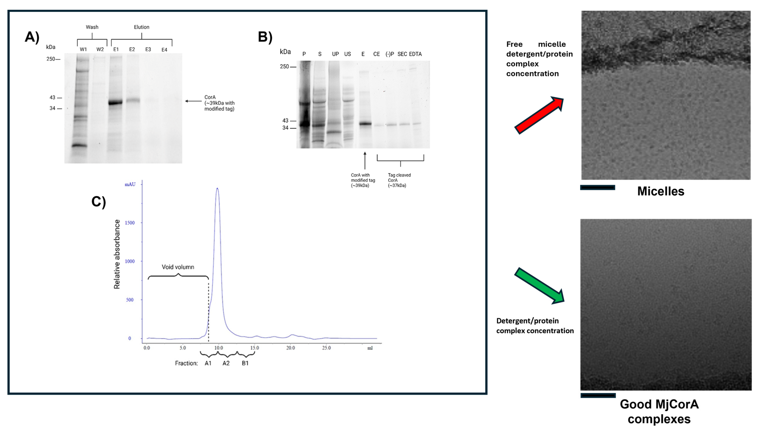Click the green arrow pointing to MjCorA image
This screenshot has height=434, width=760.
(x=539, y=286)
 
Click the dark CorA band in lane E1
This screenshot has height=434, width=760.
(x=115, y=103)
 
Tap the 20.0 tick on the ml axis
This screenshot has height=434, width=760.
(x=291, y=348)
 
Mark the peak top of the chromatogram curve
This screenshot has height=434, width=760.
(x=217, y=189)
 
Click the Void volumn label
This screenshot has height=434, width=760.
(x=178, y=267)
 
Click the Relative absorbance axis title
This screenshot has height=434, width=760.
(x=117, y=254)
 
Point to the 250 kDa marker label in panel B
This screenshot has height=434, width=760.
(x=284, y=66)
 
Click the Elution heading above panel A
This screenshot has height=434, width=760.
(x=142, y=27)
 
